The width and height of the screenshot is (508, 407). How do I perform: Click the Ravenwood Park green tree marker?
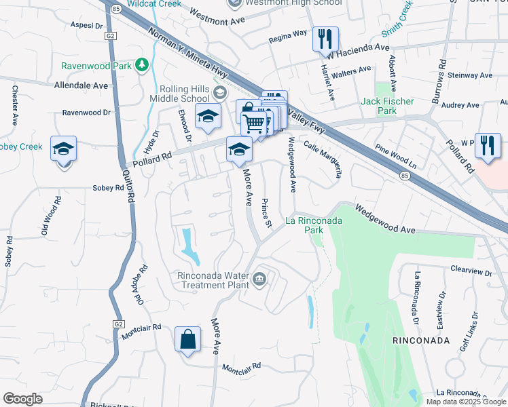[x=142, y=65]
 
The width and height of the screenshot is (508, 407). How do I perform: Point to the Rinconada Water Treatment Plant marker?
[x=260, y=279]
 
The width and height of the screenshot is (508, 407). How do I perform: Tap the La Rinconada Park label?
[x=313, y=225]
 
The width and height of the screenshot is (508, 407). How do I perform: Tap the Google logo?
[x=22, y=399]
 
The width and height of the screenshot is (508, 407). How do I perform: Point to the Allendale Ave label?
[x=81, y=86]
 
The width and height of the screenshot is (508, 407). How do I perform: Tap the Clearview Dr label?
[x=471, y=271]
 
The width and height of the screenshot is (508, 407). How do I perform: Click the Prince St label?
[x=267, y=213]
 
